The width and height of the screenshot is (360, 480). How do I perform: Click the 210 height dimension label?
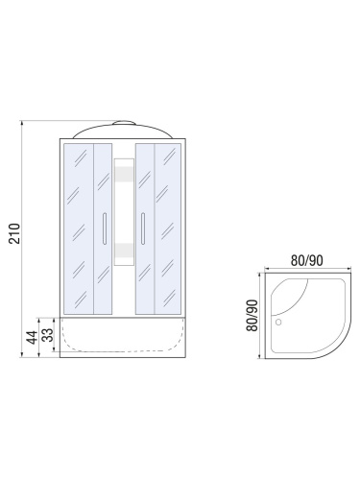(x=14, y=233)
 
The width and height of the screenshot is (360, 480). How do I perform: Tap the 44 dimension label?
(x=32, y=337)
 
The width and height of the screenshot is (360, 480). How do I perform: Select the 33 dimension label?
(x=48, y=335)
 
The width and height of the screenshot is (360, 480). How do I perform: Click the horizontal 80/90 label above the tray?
(x=306, y=261)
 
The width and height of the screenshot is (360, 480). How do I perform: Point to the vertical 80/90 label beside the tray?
(x=252, y=315)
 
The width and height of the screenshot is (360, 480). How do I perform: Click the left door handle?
(x=105, y=228)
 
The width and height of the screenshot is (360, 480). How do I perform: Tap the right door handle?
(x=143, y=228)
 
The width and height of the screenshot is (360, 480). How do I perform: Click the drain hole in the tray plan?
(x=278, y=322)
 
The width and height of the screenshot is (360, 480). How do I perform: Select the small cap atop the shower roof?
(x=125, y=123)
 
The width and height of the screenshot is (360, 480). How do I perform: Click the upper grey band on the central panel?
(x=124, y=174)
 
